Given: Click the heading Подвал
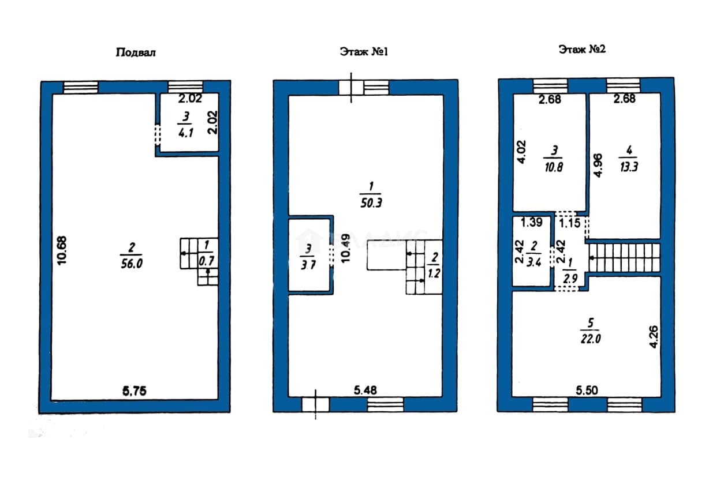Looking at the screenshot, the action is tap(136, 52).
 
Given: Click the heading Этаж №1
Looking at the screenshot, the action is tap(364, 52).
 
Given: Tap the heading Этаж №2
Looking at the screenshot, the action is tap(582, 50).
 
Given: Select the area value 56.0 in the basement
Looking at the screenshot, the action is tap(132, 264).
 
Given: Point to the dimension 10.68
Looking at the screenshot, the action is tap(62, 250).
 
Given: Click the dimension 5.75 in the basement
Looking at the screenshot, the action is tap(135, 391).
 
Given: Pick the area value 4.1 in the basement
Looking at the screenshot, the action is tap(186, 133).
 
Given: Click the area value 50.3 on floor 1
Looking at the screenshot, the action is tap(371, 203).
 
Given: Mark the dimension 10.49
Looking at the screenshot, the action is tap(345, 248).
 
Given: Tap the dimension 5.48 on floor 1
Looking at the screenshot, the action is tap(365, 390).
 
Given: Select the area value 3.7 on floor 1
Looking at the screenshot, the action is tap(308, 265).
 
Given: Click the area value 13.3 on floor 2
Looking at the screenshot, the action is tap(629, 167).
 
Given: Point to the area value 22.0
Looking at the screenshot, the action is tap(591, 339).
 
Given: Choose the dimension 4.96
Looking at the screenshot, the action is tap(598, 166).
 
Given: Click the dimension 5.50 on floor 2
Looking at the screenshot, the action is tap(587, 390).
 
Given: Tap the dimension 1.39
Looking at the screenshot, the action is tap(531, 222).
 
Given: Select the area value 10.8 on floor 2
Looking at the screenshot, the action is tap(554, 167).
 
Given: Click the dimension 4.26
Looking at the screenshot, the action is tap(654, 337).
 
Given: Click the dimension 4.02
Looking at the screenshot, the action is tap(522, 152).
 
